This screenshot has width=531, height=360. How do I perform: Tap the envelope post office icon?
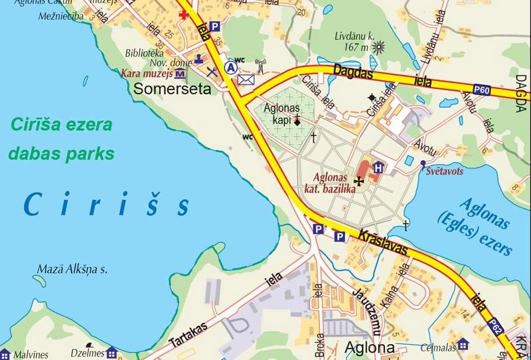pyautogui.click(x=246, y=80)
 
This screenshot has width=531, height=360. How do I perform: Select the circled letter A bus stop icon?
pyautogui.click(x=231, y=67)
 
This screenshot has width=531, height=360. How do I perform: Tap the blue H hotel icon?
pyautogui.click(x=378, y=167)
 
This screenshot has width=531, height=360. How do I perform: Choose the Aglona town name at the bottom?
pyautogui.click(x=370, y=347)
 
